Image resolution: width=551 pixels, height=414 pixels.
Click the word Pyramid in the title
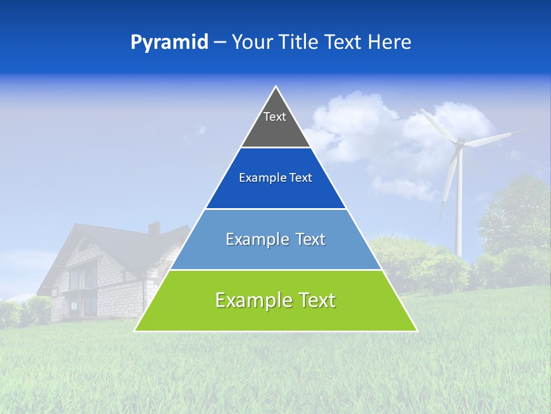pos(169,43)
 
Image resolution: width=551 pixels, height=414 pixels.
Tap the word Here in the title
pos(390,43)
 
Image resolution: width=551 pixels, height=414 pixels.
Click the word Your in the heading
pos(253,43)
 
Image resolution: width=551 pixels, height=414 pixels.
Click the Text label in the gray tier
pos(275,117)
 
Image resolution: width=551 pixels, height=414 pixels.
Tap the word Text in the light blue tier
pos(308,239)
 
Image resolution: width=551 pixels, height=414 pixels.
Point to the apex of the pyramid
pos(275,87)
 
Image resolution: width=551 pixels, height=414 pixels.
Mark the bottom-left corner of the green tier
pos(135,331)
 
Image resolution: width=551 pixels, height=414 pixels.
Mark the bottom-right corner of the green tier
pos(417,331)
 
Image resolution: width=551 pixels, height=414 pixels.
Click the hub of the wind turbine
pos(459,142)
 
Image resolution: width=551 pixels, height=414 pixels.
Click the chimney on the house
pos(154,228)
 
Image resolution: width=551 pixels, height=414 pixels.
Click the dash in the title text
pos(219,43)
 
